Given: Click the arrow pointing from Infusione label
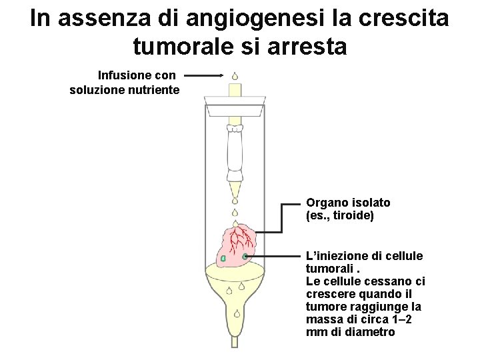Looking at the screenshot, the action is point(203,75).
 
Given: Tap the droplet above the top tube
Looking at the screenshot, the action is point(235,76).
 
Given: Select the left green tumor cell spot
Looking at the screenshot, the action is point(223,259).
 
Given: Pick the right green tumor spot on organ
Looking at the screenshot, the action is point(245,256).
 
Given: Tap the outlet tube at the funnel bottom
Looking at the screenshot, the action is point(234,341).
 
